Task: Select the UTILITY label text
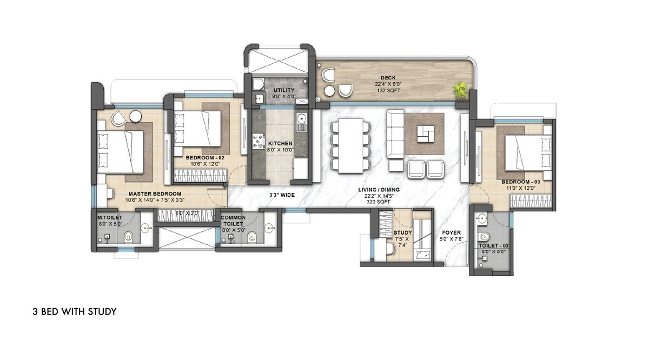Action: point(284,90)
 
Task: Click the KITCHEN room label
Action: point(281,144)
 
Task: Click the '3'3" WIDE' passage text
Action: point(282,195)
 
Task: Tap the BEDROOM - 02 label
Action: point(204,158)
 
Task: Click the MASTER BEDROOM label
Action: point(155,194)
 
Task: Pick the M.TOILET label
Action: point(110,217)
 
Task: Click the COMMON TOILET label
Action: point(233,221)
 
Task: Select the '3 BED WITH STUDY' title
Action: point(75,312)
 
